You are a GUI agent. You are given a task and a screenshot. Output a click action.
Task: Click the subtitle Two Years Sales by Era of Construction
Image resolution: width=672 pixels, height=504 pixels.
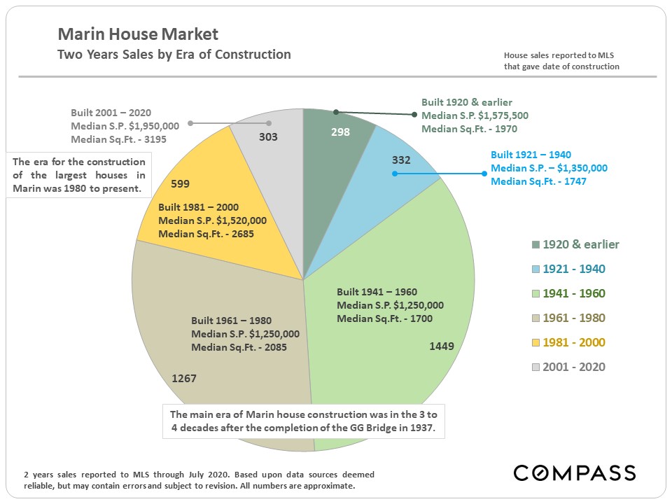pyautogui.click(x=174, y=55)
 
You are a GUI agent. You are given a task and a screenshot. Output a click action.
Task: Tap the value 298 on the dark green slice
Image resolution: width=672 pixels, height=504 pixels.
pyautogui.click(x=340, y=132)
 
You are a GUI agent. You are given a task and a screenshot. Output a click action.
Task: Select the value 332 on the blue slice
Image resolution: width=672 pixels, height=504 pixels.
pyautogui.click(x=401, y=160)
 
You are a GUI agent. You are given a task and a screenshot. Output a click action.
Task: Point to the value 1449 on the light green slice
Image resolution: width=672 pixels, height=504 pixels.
pyautogui.click(x=442, y=346)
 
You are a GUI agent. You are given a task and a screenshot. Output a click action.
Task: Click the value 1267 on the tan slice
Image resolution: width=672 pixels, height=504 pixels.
pyautogui.click(x=184, y=378)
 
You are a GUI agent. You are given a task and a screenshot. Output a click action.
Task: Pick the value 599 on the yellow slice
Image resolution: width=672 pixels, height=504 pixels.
pyautogui.click(x=181, y=184)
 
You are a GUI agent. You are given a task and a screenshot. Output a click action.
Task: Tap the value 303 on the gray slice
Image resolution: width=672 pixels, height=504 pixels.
pyautogui.click(x=268, y=137)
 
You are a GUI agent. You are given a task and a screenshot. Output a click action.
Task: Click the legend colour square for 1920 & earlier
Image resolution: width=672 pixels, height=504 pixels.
pyautogui.click(x=536, y=245)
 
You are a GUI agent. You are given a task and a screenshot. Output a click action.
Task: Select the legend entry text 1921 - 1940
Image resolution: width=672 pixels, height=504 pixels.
pyautogui.click(x=578, y=269)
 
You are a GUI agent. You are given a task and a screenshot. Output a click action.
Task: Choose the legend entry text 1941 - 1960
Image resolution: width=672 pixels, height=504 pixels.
pyautogui.click(x=578, y=293)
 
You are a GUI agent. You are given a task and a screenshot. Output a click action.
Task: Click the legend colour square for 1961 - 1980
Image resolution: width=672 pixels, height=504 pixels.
pyautogui.click(x=536, y=318)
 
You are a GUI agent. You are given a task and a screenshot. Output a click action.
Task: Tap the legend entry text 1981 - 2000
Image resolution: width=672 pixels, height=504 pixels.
pyautogui.click(x=578, y=342)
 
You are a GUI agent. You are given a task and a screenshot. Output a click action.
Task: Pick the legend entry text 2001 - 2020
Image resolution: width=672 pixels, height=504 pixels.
pyautogui.click(x=578, y=367)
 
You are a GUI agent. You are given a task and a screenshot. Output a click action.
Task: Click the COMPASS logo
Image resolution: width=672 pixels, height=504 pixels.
pyautogui.click(x=575, y=472)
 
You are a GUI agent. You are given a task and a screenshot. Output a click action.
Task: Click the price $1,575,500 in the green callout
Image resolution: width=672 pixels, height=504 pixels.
pyautogui.click(x=496, y=115)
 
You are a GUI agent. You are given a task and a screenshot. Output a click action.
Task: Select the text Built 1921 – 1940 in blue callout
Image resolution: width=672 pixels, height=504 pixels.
pyautogui.click(x=533, y=155)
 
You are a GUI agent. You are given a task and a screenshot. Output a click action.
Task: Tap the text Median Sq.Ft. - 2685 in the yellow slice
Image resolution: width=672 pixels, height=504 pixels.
pyautogui.click(x=206, y=233)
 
